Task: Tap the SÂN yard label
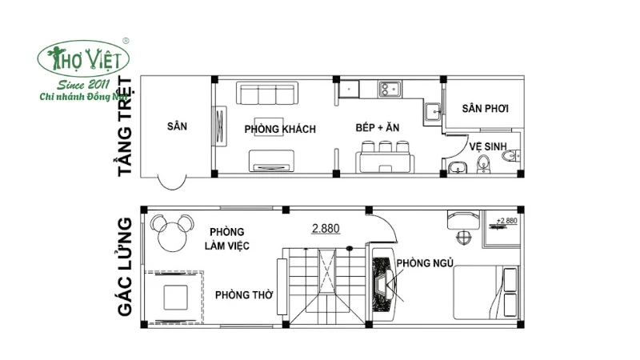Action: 177,126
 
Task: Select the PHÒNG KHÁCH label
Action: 280,130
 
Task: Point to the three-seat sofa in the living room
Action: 267,93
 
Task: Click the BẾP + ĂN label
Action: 377,128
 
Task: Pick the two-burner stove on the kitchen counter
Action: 390,89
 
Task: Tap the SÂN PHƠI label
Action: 486,109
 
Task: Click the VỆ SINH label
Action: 488,146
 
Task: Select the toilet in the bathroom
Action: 510,155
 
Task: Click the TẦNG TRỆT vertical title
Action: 126,126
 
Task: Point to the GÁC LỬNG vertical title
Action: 126,267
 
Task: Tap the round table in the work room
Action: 172,237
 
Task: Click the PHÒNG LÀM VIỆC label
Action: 227,238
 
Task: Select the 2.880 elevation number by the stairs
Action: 326,228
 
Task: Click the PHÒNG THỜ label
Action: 244,294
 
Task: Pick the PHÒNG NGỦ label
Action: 425,263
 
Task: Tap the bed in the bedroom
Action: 486,292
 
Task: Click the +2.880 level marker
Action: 506,221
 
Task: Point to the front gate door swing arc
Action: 172,189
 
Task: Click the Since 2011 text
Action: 83,85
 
